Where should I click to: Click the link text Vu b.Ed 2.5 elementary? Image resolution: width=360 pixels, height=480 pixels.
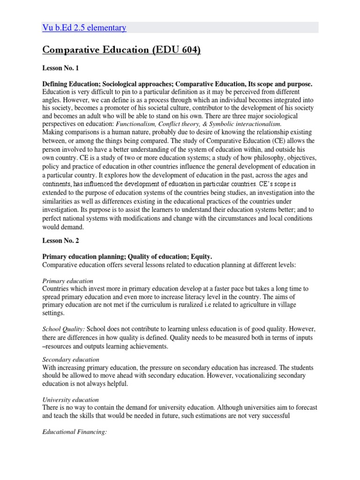click(85, 28)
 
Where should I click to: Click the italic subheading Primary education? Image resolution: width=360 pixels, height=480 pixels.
click(67, 281)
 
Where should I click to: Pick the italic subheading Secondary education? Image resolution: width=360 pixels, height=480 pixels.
click(70, 360)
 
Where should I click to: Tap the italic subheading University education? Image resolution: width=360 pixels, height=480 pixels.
click(70, 400)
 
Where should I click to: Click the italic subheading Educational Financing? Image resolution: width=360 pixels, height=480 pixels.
click(75, 433)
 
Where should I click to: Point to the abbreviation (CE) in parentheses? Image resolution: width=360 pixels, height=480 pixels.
click(278, 141)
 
